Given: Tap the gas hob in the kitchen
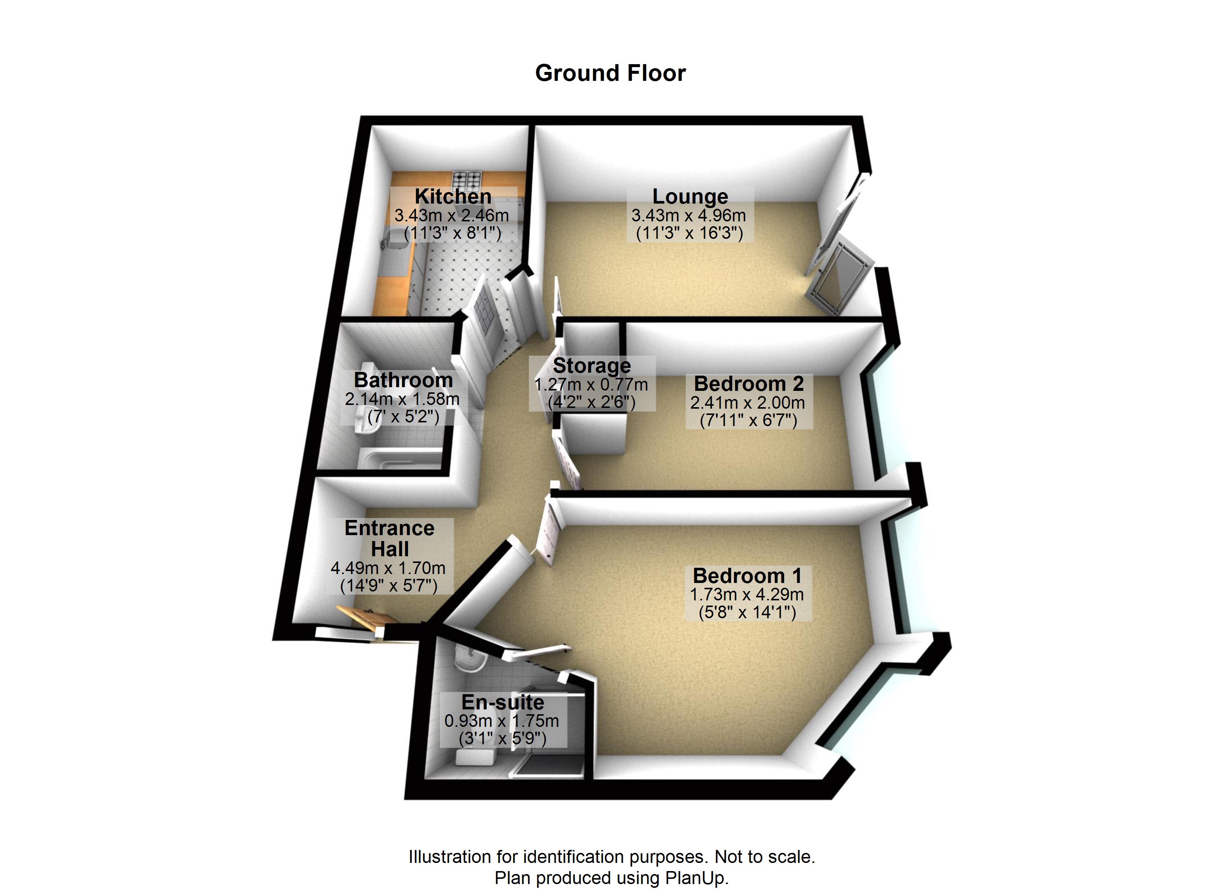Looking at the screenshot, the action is [467, 178].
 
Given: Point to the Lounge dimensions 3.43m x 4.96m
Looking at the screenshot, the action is [689, 215].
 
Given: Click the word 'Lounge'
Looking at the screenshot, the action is [690, 197].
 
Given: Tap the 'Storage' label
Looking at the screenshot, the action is [592, 366].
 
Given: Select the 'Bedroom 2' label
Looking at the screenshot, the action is [748, 384].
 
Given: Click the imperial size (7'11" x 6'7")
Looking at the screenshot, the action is [748, 420].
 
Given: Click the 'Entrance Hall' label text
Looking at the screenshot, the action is [390, 538].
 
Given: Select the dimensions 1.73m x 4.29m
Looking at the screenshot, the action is [747, 594].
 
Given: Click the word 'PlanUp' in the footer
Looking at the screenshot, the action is [696, 878].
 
